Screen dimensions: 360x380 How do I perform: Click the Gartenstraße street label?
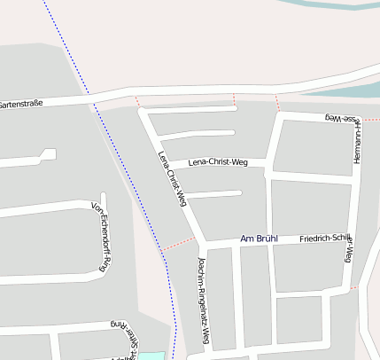tap(23, 103)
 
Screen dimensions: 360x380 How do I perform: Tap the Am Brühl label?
tap(259, 239)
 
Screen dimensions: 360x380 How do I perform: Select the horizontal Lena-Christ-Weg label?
tap(218, 162)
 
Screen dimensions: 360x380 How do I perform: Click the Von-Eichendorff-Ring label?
tap(101, 236)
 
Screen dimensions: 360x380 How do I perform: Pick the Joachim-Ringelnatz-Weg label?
tap(204, 302)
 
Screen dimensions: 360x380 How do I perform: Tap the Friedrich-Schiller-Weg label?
tap(327, 241)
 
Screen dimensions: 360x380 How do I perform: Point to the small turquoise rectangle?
tap(151, 356)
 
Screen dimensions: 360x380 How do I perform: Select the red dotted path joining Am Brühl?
tap(177, 245)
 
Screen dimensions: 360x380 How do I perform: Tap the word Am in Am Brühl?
tap(247, 239)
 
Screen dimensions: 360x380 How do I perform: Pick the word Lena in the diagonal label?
tap(162, 159)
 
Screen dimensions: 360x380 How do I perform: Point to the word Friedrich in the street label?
tap(314, 239)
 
